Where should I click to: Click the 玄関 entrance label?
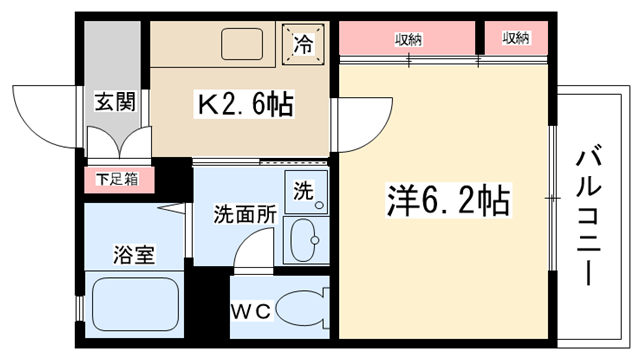(115, 102)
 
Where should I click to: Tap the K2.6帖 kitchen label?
(245, 105)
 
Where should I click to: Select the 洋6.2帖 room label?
(448, 201)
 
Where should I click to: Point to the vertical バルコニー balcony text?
(589, 217)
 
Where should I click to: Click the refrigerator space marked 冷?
(303, 44)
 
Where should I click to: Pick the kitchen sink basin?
(242, 44)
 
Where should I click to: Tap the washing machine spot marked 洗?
(306, 191)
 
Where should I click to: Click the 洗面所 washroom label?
(245, 214)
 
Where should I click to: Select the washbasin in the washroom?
(304, 240)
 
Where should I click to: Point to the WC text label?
(251, 311)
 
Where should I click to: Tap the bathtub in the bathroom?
(136, 304)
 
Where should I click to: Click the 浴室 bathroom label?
(134, 255)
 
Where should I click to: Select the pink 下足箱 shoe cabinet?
(119, 180)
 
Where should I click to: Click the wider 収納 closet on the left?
(407, 38)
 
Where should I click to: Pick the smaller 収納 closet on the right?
(516, 38)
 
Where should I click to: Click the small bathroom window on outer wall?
(80, 309)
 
